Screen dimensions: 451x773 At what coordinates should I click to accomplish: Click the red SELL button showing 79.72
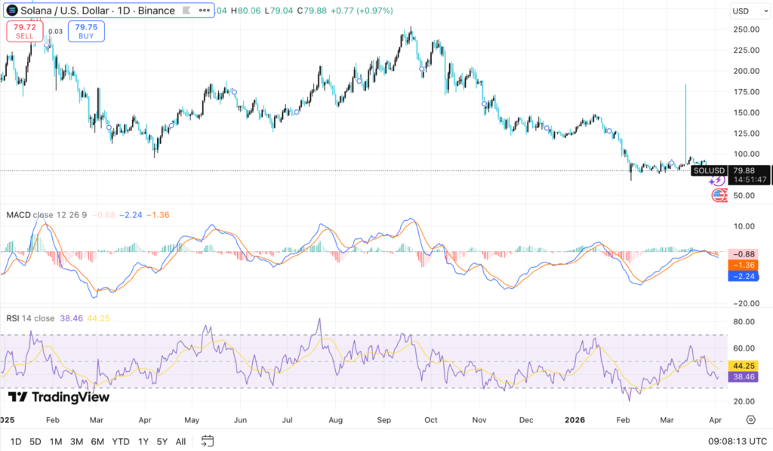click(x=24, y=31)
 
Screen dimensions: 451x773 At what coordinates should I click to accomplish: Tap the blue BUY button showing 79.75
click(x=87, y=31)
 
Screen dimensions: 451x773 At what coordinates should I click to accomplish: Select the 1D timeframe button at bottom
click(x=16, y=441)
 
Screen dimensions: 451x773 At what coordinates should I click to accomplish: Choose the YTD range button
click(x=120, y=441)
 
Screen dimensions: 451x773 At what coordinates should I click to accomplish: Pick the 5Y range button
click(x=162, y=441)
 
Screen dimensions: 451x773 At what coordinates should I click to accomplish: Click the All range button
click(x=180, y=441)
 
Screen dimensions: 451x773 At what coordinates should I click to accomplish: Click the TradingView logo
click(x=59, y=397)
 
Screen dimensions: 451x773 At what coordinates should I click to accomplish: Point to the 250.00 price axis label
click(x=745, y=29)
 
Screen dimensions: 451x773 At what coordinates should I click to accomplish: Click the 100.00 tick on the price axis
click(x=745, y=154)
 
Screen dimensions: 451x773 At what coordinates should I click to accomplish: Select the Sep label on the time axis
click(x=383, y=419)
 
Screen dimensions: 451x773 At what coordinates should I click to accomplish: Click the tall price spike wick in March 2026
click(x=685, y=113)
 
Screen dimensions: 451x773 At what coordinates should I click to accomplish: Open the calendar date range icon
click(x=208, y=441)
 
